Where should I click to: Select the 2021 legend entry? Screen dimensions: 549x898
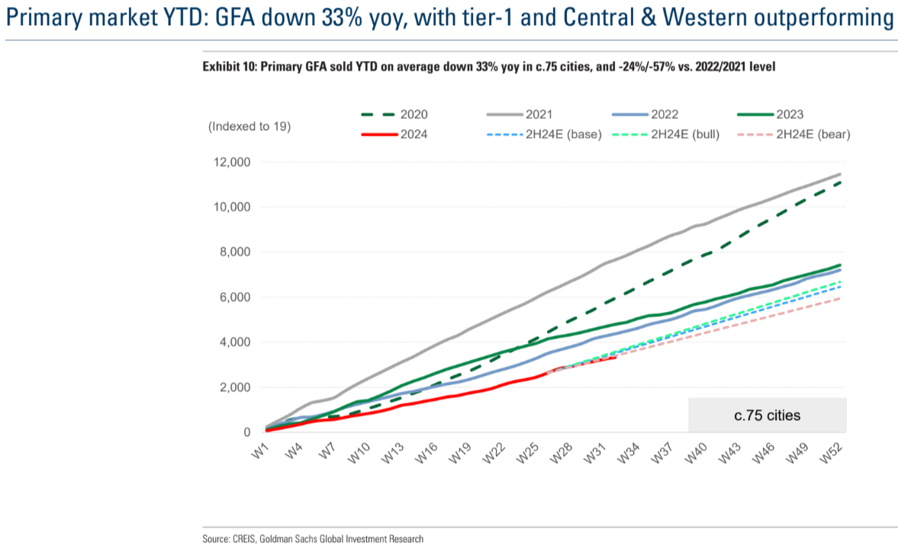(519, 114)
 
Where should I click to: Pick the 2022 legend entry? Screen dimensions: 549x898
(644, 114)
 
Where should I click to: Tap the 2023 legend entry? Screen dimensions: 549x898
(770, 114)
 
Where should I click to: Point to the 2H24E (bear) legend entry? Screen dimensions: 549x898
(794, 135)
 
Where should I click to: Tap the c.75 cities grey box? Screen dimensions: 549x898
(767, 416)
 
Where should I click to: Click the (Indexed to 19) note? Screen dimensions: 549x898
(249, 127)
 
